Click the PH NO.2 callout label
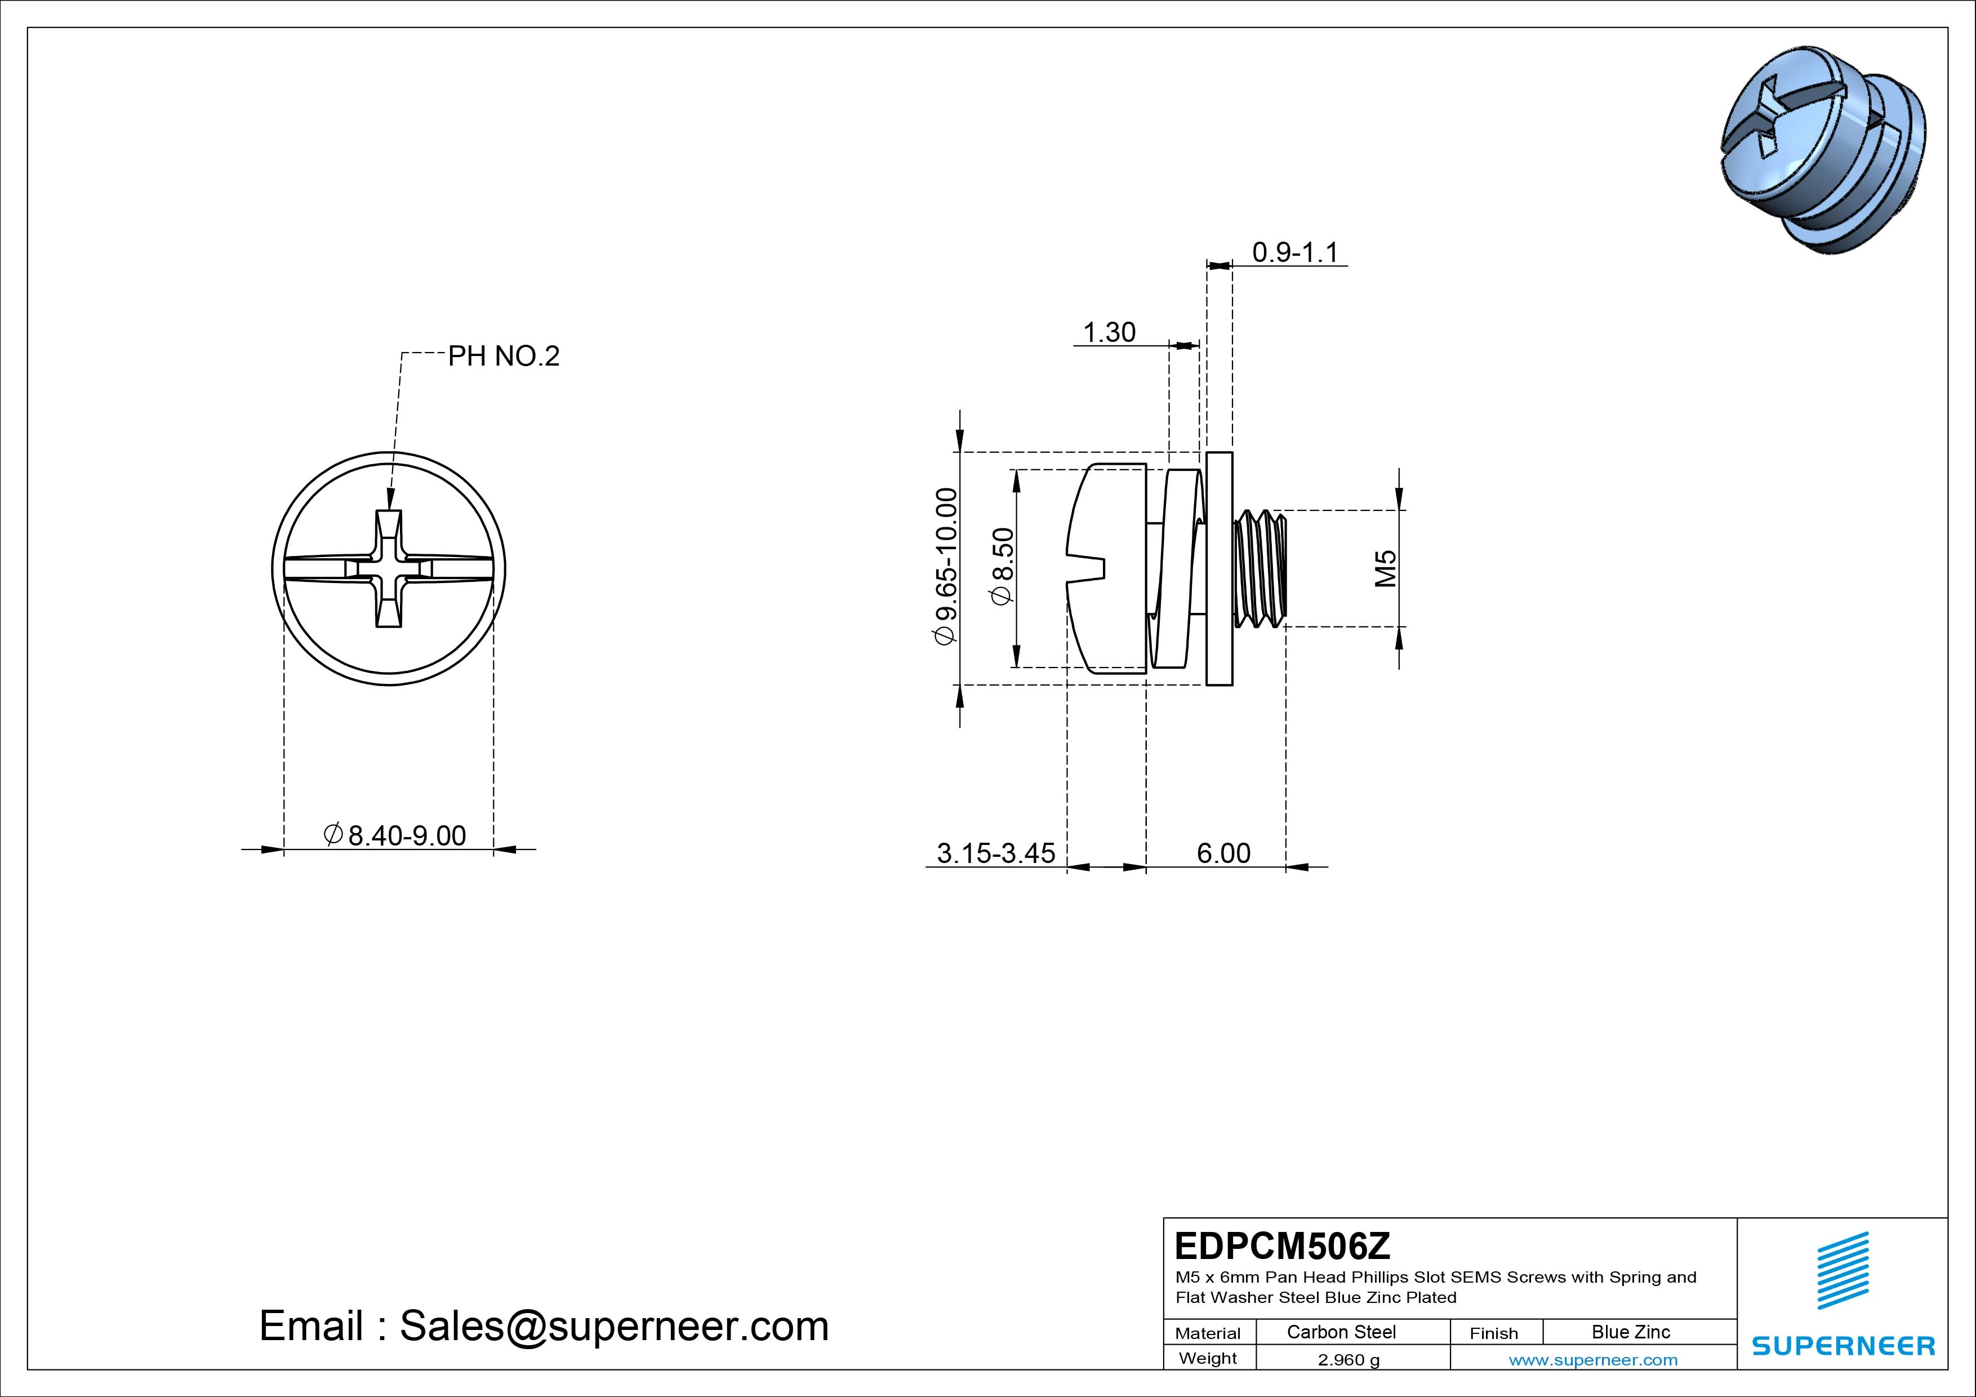pos(504,357)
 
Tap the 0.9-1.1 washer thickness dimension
pos(1294,252)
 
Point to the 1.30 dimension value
pos(1109,332)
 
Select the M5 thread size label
pos(1385,569)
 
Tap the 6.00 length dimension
pos(1223,853)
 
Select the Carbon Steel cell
pos(1341,1332)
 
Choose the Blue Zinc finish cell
pos(1630,1332)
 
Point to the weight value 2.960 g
pos(1348,1360)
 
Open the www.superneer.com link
pos(1592,1360)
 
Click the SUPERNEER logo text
pos(1843,1345)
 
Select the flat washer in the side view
pos(1218,569)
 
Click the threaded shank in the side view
pos(1260,569)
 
